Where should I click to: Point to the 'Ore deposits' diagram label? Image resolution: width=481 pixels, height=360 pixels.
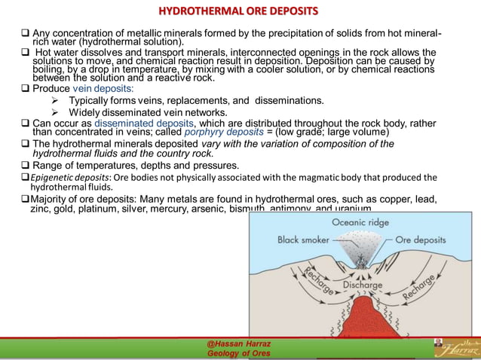coord(420,239)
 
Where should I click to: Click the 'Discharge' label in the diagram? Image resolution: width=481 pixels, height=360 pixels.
coord(364,286)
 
